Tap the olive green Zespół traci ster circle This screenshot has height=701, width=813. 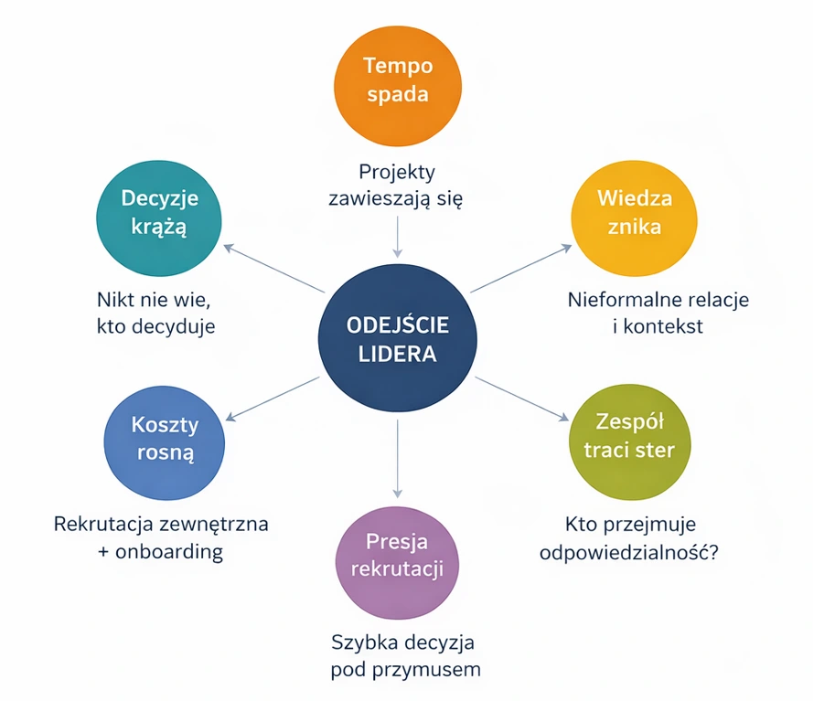(x=629, y=436)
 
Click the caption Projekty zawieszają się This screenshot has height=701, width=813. (x=396, y=185)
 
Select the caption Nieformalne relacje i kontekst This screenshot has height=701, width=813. (x=658, y=313)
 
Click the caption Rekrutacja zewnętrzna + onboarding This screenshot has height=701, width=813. (x=161, y=538)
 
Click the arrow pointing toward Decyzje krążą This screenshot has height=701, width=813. (x=274, y=269)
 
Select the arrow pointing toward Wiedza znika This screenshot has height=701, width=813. (x=520, y=269)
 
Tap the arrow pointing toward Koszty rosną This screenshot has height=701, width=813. (x=274, y=398)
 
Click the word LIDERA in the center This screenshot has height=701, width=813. (x=398, y=353)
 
